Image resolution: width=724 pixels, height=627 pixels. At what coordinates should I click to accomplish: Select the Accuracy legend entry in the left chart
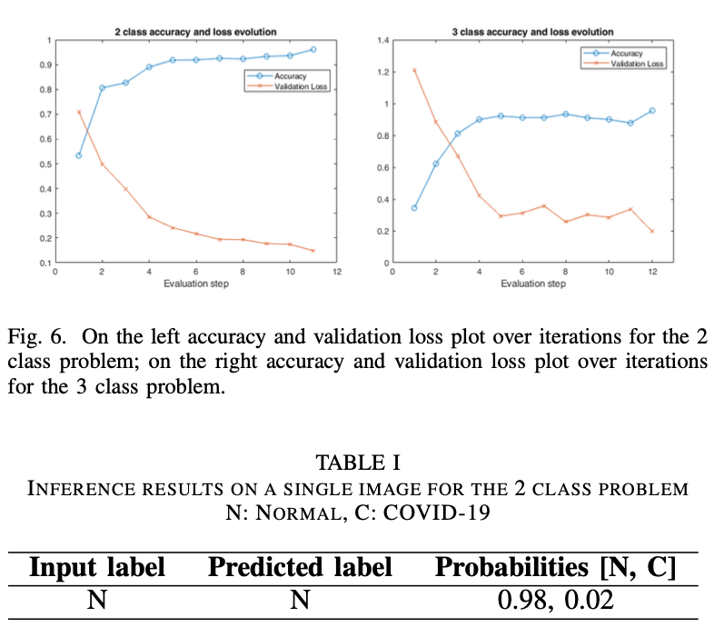(x=290, y=76)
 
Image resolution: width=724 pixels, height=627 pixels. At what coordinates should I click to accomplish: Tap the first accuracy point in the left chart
(x=79, y=155)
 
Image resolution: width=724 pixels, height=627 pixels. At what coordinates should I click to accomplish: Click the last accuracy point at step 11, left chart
(x=312, y=50)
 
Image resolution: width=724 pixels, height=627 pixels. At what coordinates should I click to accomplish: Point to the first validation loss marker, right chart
(x=414, y=70)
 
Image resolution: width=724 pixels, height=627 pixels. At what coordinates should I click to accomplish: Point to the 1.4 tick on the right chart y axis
(x=382, y=41)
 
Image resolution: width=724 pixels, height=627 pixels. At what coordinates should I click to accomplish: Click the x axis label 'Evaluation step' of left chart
(x=195, y=284)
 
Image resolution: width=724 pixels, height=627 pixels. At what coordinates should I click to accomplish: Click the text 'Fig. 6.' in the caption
(x=39, y=336)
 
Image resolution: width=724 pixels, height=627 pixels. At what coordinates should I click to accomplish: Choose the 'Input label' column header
(x=97, y=568)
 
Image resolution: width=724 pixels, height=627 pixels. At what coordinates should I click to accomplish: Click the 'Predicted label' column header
(x=300, y=568)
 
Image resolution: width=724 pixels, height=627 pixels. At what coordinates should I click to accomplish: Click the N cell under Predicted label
(x=300, y=601)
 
